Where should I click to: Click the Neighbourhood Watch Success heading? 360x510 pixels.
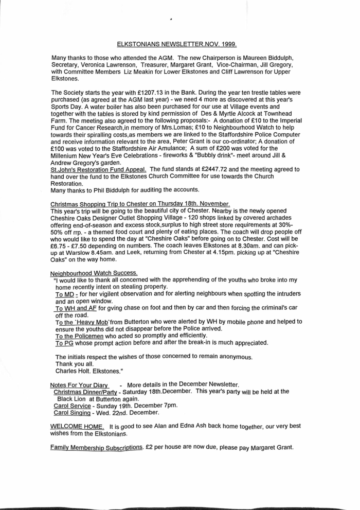[94, 273]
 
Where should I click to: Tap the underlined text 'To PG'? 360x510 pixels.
[65, 343]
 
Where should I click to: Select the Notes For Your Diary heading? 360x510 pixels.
[79, 385]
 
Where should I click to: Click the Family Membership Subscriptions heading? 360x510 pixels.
[96, 447]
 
